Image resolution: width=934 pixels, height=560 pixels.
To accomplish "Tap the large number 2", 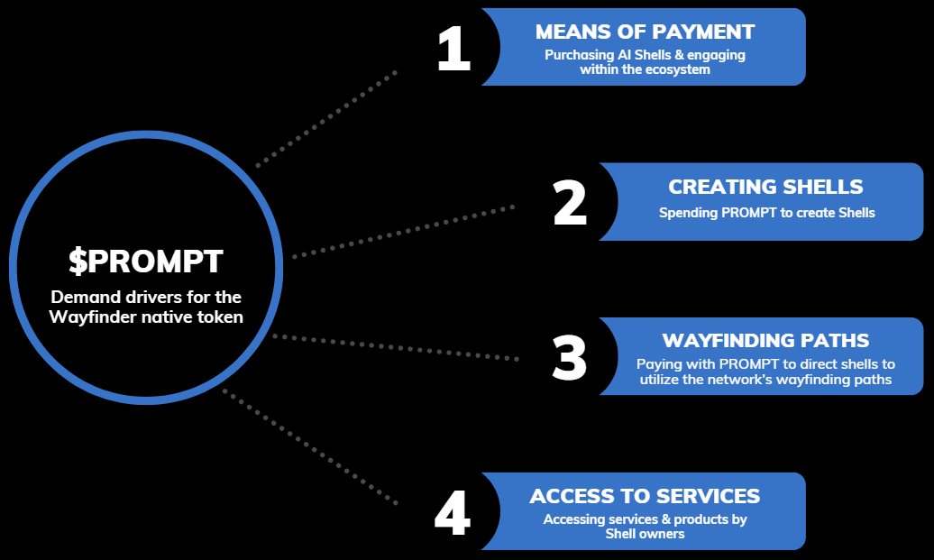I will tap(570, 203).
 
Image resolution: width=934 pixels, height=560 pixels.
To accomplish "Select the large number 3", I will tap(569, 357).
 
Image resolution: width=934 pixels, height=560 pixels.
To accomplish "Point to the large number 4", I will tap(453, 513).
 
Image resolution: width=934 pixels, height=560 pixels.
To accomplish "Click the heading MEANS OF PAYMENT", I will tap(645, 32).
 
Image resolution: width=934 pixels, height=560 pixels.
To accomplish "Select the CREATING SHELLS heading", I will tap(765, 188).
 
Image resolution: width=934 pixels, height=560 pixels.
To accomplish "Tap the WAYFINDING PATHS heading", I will tap(765, 341).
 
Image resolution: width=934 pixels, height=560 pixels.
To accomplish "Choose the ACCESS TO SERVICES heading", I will tap(645, 497).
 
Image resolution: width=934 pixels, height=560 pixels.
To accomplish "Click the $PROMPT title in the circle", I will tap(146, 262).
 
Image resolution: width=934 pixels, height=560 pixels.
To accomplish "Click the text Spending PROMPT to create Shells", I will tap(766, 214).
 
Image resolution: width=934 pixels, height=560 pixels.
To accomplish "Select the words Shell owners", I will tap(645, 534).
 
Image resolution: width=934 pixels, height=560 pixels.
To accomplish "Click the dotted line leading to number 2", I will tap(404, 231).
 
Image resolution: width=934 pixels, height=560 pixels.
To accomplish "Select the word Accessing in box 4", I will tap(574, 520).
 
